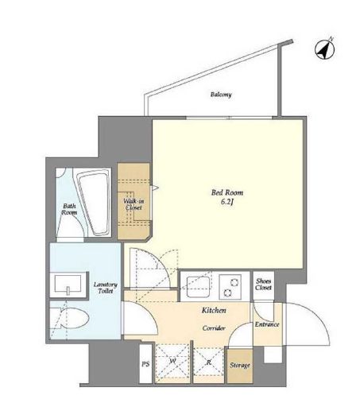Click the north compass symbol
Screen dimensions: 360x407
click(325, 49)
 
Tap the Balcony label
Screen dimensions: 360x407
click(221, 95)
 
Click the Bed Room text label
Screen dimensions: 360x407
click(227, 192)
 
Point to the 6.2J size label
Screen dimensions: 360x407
click(227, 203)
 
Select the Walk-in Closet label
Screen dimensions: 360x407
click(134, 204)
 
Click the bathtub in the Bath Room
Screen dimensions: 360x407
click(95, 202)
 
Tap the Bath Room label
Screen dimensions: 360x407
click(69, 209)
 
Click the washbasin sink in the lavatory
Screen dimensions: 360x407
click(68, 285)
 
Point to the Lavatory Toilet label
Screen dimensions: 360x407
click(105, 288)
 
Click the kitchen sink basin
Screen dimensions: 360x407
click(199, 287)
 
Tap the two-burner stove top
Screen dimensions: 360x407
click(230, 287)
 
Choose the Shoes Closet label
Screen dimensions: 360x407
click(264, 285)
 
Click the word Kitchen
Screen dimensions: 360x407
click(214, 310)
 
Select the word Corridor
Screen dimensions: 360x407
click(214, 328)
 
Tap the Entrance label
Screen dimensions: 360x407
click(267, 324)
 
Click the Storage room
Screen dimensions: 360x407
click(240, 366)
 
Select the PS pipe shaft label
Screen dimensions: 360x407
click(145, 364)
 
